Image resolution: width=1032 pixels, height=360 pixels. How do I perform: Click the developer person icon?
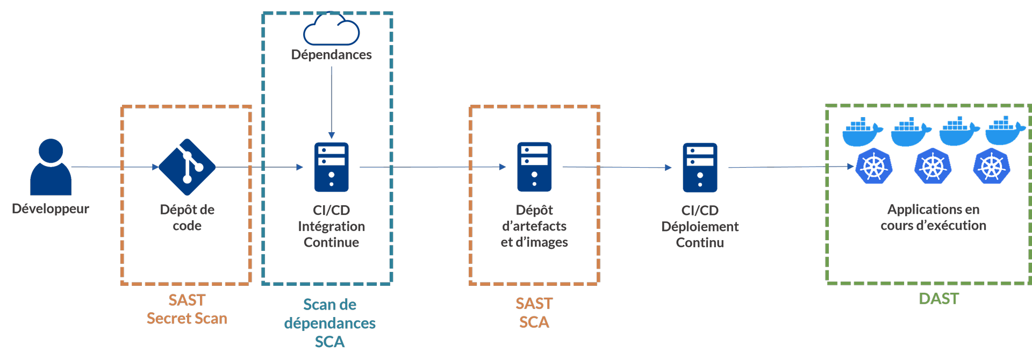[51, 167]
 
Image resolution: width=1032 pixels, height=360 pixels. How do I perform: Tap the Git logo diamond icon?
[187, 167]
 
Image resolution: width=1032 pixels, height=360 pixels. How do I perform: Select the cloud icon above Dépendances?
[331, 30]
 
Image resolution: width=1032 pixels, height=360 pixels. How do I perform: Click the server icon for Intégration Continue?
[331, 167]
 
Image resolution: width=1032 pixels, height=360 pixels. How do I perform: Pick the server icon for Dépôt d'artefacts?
[534, 167]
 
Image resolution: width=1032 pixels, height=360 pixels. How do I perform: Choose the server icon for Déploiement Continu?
[700, 167]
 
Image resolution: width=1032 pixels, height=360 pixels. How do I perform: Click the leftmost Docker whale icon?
[862, 132]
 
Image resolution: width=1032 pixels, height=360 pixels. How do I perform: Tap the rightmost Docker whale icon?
[1005, 131]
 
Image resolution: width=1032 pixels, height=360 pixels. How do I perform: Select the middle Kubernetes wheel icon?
[933, 166]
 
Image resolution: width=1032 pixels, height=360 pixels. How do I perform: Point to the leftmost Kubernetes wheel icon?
[874, 166]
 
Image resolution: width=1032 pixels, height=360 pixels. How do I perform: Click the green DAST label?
[938, 299]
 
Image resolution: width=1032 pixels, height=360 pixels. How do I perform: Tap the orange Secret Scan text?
[187, 319]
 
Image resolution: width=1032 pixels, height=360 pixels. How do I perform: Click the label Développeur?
[51, 208]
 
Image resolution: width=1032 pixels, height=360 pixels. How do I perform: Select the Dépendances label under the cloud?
[331, 54]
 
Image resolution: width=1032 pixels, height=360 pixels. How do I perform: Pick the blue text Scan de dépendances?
[329, 314]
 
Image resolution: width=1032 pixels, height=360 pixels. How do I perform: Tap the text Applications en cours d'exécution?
[933, 217]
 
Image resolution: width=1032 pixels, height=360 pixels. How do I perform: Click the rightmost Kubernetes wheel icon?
[992, 166]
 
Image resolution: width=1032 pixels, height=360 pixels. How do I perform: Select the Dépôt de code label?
[187, 217]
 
